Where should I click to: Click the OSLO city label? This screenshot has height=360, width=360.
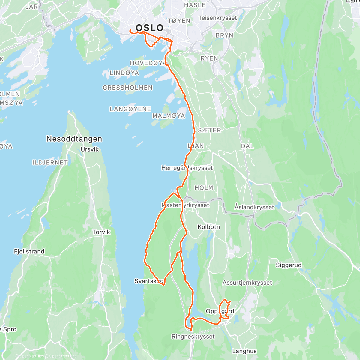point(150,28)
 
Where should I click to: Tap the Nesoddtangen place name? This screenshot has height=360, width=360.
point(74,139)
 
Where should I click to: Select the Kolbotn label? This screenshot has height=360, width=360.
point(209,227)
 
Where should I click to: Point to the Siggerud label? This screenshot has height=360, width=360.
point(289,265)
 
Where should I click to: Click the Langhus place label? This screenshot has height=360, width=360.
point(244,351)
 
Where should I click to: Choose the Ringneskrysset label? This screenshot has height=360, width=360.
point(193,337)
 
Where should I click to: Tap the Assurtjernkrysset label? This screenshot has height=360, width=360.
point(247,283)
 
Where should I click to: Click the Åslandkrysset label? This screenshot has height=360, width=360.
point(254,207)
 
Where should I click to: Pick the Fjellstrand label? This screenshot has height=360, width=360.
point(29,252)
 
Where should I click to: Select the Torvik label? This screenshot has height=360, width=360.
point(101,232)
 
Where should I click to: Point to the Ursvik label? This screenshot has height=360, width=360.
point(90,149)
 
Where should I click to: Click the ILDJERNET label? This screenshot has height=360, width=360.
point(50,162)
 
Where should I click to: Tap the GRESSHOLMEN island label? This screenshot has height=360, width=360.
point(127,88)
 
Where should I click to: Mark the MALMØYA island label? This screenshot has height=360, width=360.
point(169,116)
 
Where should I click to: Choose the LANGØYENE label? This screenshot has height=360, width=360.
point(130,109)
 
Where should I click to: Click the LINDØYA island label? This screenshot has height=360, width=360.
point(124,73)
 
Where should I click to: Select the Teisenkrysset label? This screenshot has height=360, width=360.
point(217,18)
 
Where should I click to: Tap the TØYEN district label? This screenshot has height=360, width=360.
point(179,21)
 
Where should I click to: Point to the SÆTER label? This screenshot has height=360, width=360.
point(209,130)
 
